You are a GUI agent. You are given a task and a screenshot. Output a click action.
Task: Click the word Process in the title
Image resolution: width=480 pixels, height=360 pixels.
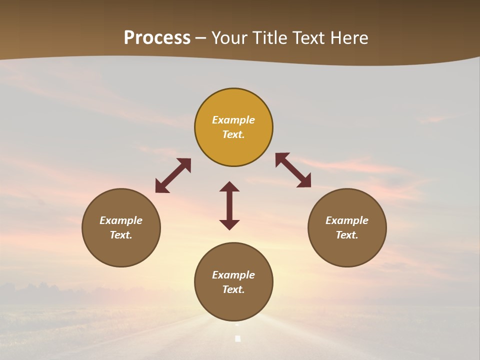click(157, 38)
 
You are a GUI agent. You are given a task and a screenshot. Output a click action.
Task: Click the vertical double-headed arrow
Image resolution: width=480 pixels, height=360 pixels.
click(229, 205)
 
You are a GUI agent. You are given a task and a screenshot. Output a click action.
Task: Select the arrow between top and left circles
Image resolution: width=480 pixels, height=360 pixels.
click(173, 175)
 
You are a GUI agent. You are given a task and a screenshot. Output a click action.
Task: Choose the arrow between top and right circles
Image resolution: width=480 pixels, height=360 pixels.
click(293, 170)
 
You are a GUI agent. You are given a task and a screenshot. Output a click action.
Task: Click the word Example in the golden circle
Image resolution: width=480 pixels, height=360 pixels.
click(233, 120)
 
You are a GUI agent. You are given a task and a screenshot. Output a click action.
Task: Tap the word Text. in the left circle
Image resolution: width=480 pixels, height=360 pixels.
click(121, 235)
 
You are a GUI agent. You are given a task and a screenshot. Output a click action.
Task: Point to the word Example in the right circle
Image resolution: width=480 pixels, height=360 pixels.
click(347, 220)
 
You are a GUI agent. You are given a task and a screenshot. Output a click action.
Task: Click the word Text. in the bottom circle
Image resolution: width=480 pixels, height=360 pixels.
click(233, 289)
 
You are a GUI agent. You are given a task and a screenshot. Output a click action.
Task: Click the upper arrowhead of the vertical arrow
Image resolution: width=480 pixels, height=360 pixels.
click(229, 186)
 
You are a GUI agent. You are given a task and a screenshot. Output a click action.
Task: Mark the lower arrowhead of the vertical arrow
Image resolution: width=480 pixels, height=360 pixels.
click(229, 224)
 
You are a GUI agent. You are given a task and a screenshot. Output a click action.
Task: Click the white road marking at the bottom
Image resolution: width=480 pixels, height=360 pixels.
click(238, 338)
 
